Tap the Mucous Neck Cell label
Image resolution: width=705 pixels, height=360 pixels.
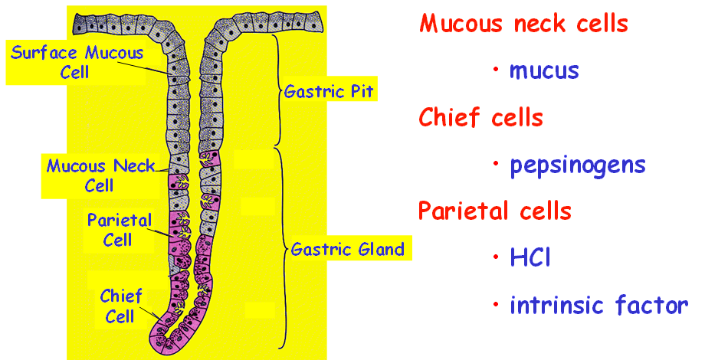(100, 175)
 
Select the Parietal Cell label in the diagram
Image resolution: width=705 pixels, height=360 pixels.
(120, 230)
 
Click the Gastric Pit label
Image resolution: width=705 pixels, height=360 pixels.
(328, 92)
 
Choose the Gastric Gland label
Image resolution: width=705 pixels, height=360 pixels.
(347, 250)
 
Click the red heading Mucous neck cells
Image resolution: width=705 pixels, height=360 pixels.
(523, 24)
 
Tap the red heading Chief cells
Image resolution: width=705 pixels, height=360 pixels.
(480, 118)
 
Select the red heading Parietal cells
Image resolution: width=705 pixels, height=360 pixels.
(495, 211)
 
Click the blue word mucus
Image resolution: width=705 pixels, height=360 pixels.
(544, 71)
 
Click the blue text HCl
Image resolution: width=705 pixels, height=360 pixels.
(530, 258)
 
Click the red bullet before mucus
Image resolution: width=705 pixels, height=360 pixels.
(497, 70)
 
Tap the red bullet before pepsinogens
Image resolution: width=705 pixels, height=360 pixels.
(497, 164)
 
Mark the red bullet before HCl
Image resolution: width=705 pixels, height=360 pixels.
(497, 257)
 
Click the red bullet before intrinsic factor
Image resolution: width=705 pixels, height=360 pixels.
(497, 305)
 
